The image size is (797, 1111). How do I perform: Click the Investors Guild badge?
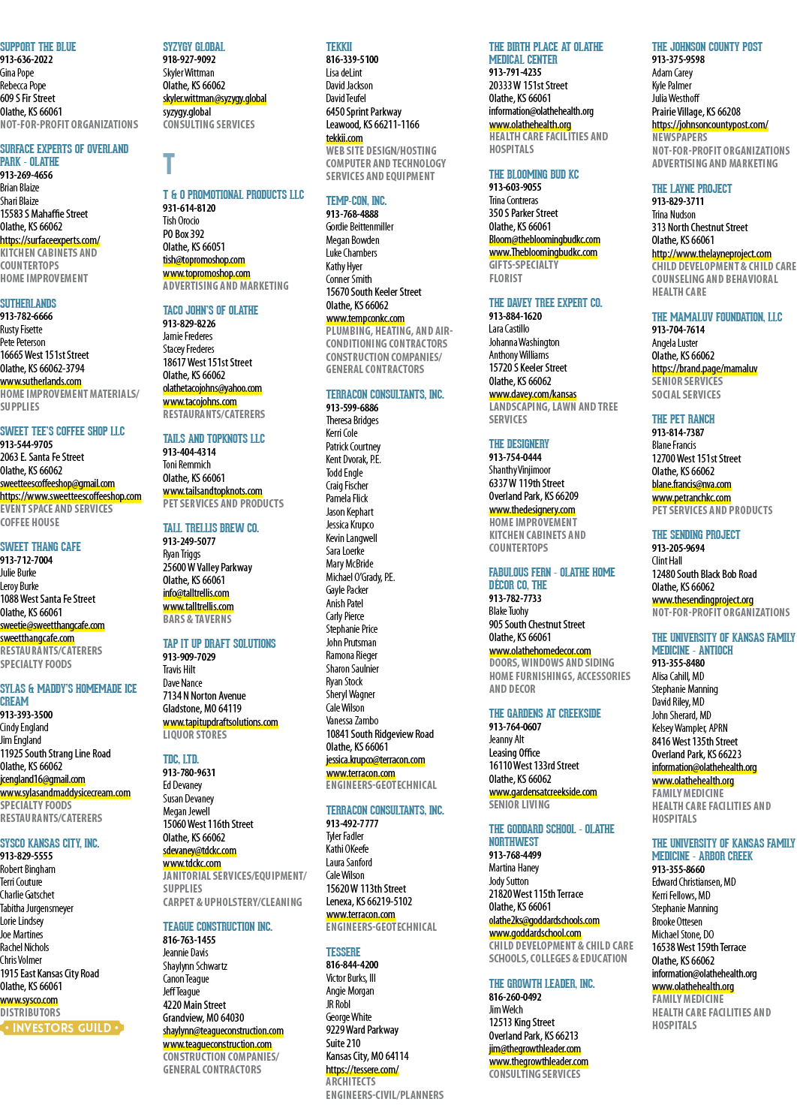coord(62,1028)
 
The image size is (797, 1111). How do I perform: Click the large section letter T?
coord(169,164)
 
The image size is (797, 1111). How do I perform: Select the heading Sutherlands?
coord(29,303)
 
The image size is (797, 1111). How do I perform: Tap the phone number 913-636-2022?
coord(26,59)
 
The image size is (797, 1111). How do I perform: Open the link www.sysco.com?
coord(29,1001)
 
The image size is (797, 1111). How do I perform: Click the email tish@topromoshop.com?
coord(204,260)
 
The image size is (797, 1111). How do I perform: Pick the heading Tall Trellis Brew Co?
coord(211,528)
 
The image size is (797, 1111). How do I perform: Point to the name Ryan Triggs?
coord(182,554)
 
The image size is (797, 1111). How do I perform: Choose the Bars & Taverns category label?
coord(197,619)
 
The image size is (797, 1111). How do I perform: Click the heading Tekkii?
coord(338,47)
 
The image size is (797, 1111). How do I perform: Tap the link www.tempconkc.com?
coord(365,318)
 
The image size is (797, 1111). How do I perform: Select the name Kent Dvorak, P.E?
coord(353,459)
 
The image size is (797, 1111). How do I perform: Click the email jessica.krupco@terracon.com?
coord(375,760)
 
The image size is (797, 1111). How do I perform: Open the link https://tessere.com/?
coord(362,1069)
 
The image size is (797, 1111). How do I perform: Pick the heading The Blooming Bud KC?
coord(534,175)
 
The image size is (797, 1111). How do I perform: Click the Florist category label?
coord(505,279)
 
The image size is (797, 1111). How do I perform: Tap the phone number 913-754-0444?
coord(516,457)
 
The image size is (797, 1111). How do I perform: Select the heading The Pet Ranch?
coord(683,419)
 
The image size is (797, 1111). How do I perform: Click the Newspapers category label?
coord(679,137)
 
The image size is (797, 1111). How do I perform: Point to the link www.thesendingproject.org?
coord(702,600)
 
